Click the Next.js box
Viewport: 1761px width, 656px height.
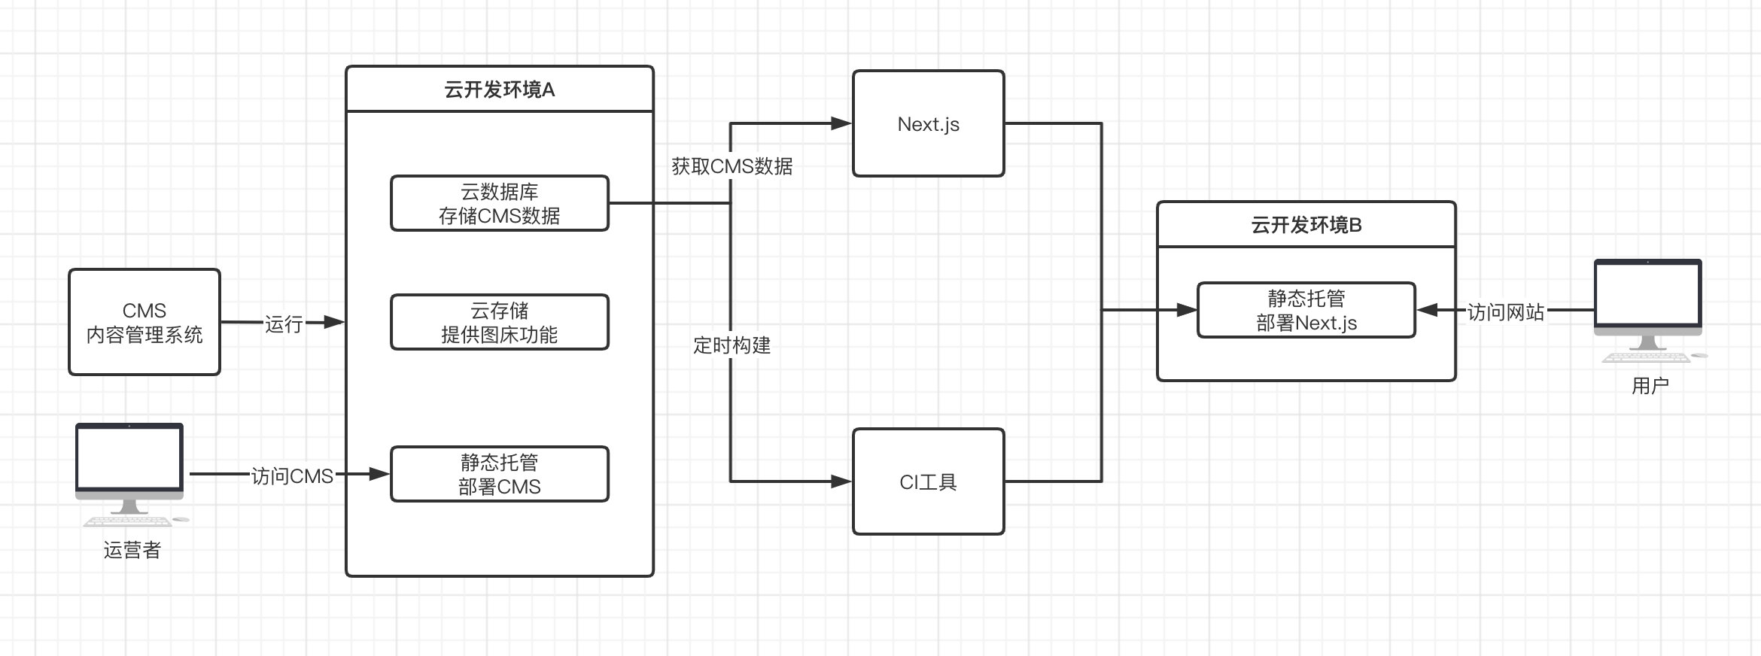pos(928,124)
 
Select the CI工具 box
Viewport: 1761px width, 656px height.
pos(928,481)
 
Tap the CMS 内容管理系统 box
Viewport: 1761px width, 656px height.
pos(144,322)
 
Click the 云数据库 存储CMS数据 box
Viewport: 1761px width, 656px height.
pos(500,203)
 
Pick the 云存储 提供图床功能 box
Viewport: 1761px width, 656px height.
pos(500,322)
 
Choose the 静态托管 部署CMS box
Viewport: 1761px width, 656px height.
pos(500,474)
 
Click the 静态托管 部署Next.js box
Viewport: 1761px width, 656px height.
pos(1306,310)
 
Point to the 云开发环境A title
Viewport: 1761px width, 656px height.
pos(500,90)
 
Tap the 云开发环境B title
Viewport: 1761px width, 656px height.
pos(1306,225)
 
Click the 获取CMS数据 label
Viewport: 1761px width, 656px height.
pos(731,166)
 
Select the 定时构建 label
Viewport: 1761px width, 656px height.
pos(731,345)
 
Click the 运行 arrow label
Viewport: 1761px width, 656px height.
pos(284,324)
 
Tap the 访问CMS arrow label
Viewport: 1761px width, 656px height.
pos(292,476)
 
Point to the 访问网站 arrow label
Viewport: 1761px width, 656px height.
pos(1505,312)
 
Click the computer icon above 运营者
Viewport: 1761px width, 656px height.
pos(129,470)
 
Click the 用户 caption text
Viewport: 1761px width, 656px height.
pos(1650,386)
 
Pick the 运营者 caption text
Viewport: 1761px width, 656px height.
pos(132,551)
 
